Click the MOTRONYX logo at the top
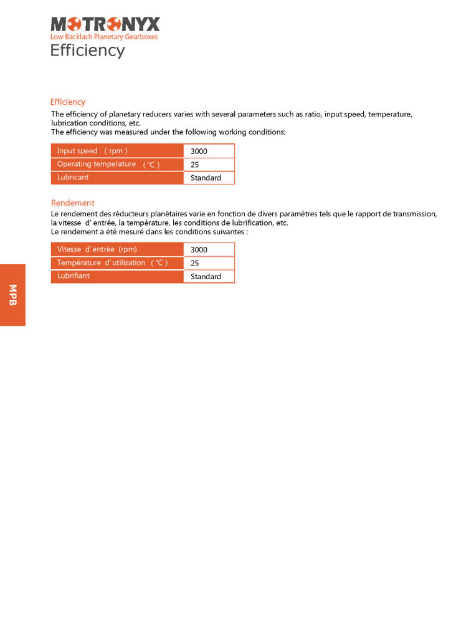tap(105, 24)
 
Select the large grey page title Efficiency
tap(87, 50)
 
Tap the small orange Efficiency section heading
tap(68, 102)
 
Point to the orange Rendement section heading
tap(72, 203)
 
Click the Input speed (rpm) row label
tap(92, 151)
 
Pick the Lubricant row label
tap(73, 178)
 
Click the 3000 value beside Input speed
tap(199, 151)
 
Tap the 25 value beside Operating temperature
tap(195, 165)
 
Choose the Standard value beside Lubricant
tap(206, 178)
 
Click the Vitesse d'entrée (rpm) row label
tap(97, 249)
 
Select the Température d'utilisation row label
tap(112, 263)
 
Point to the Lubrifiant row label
tap(74, 276)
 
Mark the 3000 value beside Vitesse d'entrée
tap(199, 250)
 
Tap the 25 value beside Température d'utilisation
tap(195, 263)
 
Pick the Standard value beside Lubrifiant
tap(206, 276)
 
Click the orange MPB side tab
tap(12, 295)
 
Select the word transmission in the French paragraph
tap(414, 214)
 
